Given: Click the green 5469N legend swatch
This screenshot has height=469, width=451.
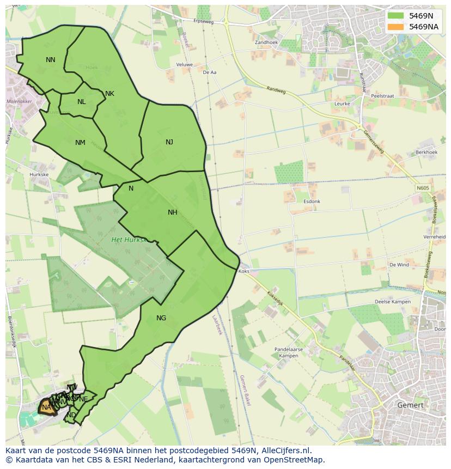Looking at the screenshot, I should [x=395, y=16].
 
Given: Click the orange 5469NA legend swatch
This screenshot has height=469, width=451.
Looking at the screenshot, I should [x=395, y=27].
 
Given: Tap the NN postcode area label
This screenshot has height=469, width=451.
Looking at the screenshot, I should [x=51, y=60].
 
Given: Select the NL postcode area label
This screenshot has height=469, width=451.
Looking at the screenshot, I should [x=82, y=102].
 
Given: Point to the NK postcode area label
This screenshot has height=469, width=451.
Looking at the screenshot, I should [x=109, y=94].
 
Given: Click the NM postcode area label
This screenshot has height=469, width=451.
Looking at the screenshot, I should [x=80, y=143].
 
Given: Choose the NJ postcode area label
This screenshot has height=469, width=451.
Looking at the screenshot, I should [x=169, y=142].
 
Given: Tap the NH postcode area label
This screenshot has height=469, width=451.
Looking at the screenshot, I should [x=173, y=212].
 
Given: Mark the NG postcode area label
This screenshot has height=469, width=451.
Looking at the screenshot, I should [x=161, y=318].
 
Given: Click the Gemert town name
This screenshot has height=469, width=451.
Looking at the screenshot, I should [x=410, y=405].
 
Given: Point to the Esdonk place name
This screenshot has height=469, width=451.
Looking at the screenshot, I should [x=312, y=202].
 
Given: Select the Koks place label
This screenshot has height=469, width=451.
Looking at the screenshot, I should [x=244, y=271].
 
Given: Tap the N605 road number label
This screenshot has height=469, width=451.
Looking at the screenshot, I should [x=423, y=188].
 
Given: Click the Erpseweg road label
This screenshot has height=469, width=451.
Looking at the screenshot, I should [x=203, y=21].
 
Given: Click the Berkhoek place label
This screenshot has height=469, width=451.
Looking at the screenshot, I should [x=426, y=153].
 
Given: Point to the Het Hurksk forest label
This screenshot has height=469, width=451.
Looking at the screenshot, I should [x=129, y=240].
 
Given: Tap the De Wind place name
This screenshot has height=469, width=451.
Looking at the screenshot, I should [x=399, y=265].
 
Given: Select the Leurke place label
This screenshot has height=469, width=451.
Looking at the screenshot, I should [x=342, y=103].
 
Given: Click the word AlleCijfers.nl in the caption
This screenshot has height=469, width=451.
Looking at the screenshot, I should [x=285, y=450].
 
